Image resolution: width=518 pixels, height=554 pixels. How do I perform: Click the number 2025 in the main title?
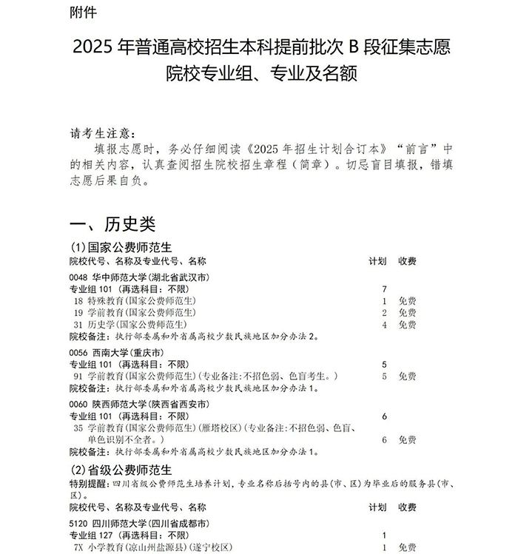click(x=94, y=48)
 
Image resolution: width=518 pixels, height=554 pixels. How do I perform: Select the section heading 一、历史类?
click(x=112, y=224)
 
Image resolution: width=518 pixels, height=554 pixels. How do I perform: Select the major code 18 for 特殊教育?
click(x=78, y=301)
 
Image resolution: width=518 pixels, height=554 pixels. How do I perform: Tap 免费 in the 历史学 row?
click(x=407, y=325)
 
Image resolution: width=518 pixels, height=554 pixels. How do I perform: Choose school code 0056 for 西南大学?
click(x=80, y=354)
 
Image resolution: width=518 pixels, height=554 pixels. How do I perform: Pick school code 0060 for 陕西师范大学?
click(x=80, y=405)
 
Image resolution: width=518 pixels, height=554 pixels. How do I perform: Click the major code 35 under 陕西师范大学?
click(x=78, y=428)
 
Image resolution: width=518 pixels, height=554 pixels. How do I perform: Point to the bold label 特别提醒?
click(x=89, y=482)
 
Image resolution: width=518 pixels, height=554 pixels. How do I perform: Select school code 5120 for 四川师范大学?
click(x=80, y=523)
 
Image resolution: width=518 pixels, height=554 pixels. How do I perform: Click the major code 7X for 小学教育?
click(x=78, y=547)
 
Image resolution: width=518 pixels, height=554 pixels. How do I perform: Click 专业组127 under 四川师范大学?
click(x=94, y=535)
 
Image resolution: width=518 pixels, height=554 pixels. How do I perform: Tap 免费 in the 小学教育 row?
click(x=407, y=547)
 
